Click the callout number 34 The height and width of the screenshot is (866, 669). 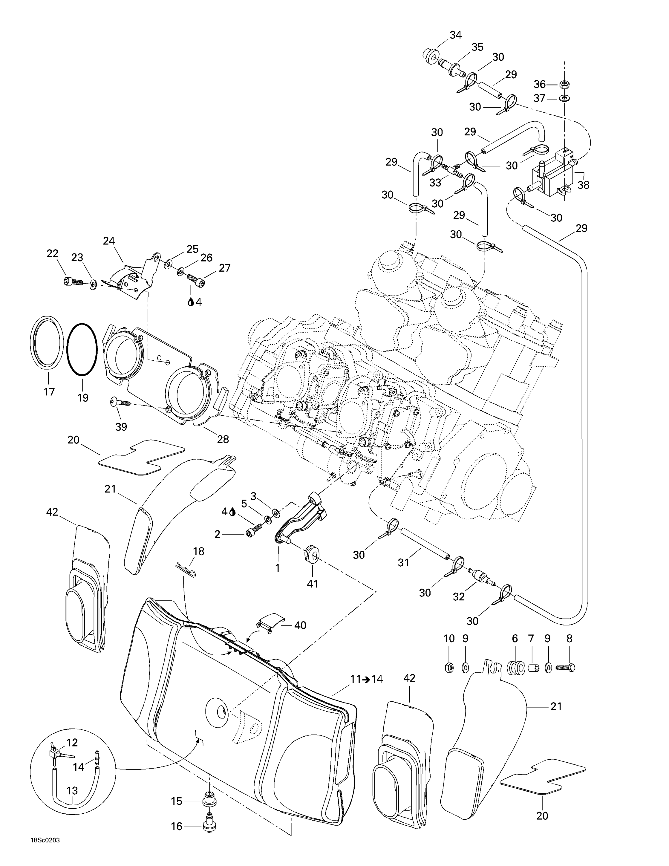pyautogui.click(x=455, y=35)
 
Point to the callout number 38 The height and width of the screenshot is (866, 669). pyautogui.click(x=583, y=184)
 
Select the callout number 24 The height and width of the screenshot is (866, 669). pyautogui.click(x=109, y=241)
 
